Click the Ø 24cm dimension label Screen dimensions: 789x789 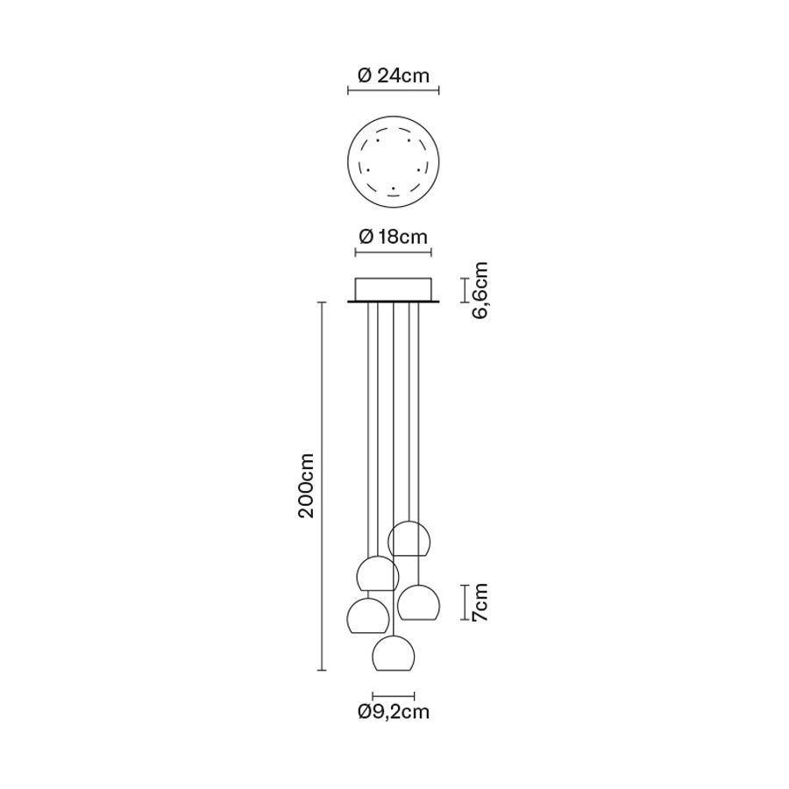pos(394,76)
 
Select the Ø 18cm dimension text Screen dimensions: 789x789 pos(394,236)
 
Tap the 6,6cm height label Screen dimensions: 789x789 pos(480,290)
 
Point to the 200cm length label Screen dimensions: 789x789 pos(305,486)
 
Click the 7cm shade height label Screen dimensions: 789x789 pos(480,602)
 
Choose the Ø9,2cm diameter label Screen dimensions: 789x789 pos(394,712)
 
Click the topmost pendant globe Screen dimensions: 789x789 pos(409,539)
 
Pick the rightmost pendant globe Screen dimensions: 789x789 pos(419,602)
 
